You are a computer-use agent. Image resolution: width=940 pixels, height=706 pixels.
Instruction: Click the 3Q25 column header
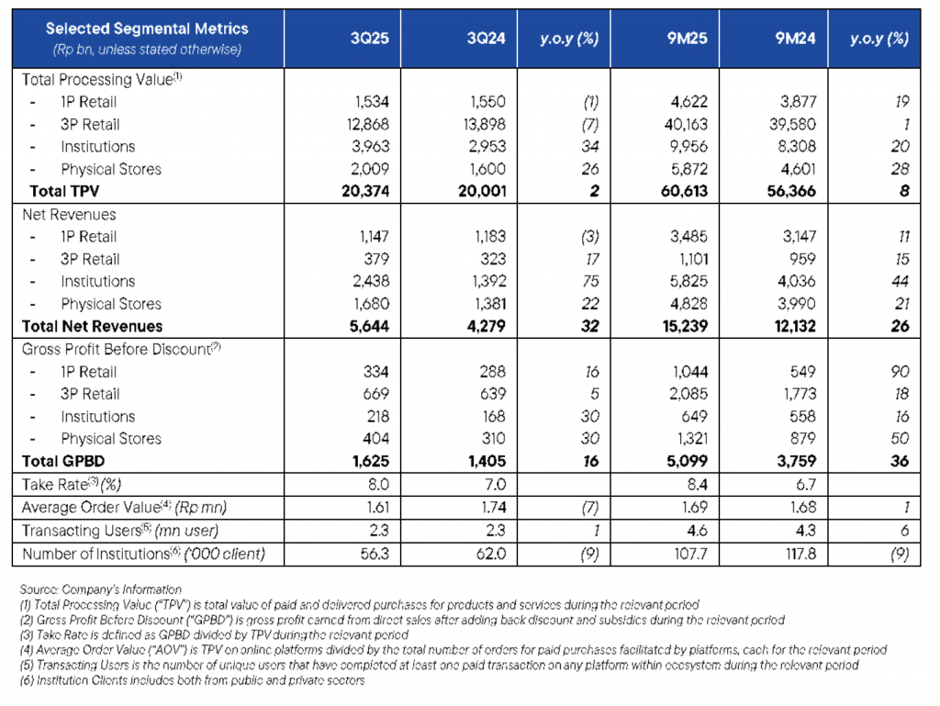coord(369,39)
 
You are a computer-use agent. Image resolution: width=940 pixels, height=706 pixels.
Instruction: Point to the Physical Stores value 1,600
coord(487,169)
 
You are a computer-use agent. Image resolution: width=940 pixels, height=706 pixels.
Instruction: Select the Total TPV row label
coord(62,192)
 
